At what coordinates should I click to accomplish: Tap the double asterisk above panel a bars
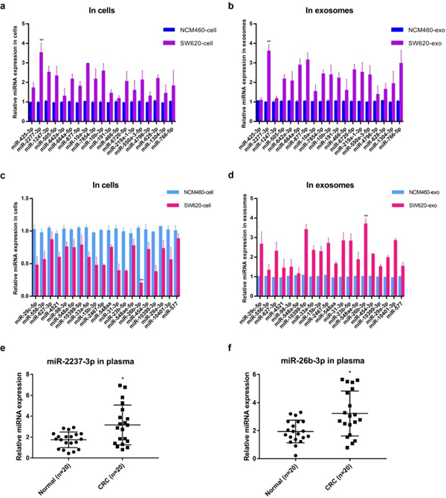[42, 40]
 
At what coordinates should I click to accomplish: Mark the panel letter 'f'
[232, 342]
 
